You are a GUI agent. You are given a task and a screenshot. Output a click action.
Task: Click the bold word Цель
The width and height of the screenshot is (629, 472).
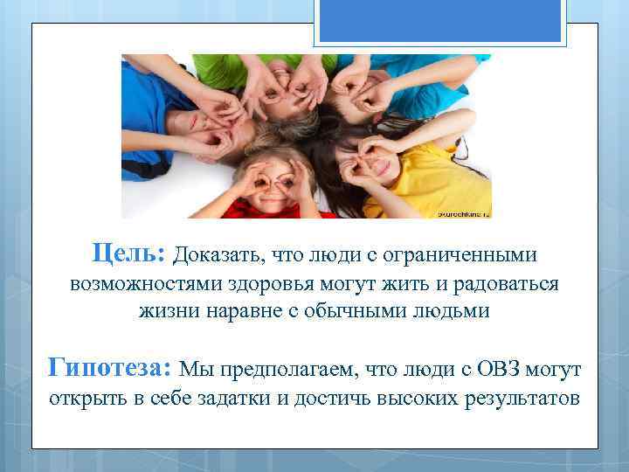tap(128, 253)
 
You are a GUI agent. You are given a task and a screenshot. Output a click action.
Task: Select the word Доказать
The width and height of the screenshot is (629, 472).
tap(216, 255)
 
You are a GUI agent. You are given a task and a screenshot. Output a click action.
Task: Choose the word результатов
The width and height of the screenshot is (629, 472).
tap(515, 399)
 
